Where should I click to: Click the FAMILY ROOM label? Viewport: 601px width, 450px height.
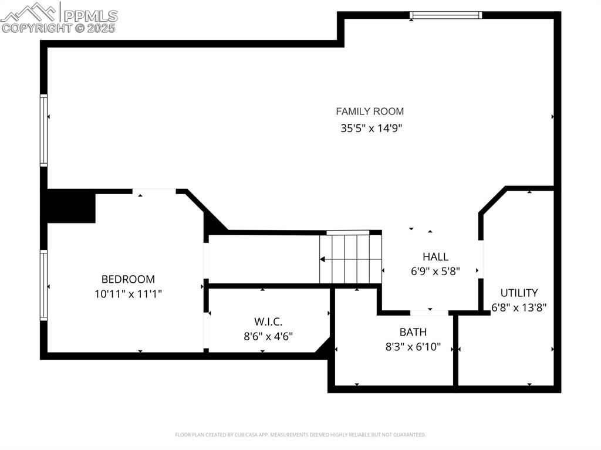(x=370, y=111)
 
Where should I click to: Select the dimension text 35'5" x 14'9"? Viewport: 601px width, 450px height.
(x=370, y=128)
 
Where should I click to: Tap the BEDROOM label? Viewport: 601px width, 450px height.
(x=128, y=279)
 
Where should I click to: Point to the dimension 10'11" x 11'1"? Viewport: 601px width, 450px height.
(x=128, y=294)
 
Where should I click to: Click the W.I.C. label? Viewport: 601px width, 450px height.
(x=268, y=322)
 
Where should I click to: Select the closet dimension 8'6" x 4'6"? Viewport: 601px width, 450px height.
(x=268, y=336)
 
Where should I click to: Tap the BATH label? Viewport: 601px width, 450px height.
(x=413, y=332)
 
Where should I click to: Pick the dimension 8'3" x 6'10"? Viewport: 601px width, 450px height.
(x=413, y=347)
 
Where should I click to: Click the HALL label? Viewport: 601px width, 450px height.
(x=435, y=256)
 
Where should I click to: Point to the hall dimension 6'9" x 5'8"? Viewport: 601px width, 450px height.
(x=435, y=271)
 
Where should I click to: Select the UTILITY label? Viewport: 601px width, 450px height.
(x=519, y=293)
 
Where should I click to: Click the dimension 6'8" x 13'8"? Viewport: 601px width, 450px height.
(x=519, y=307)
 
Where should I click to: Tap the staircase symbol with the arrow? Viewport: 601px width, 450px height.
(x=350, y=259)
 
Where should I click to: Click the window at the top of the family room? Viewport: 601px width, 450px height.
(x=445, y=15)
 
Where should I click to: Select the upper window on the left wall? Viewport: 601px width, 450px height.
(x=43, y=130)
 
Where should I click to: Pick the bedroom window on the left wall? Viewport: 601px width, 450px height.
(x=43, y=285)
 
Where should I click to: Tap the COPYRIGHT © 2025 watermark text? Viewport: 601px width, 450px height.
(x=59, y=28)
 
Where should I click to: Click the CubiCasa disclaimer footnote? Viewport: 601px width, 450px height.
(x=300, y=435)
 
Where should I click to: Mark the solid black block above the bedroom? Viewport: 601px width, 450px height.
(x=72, y=206)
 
